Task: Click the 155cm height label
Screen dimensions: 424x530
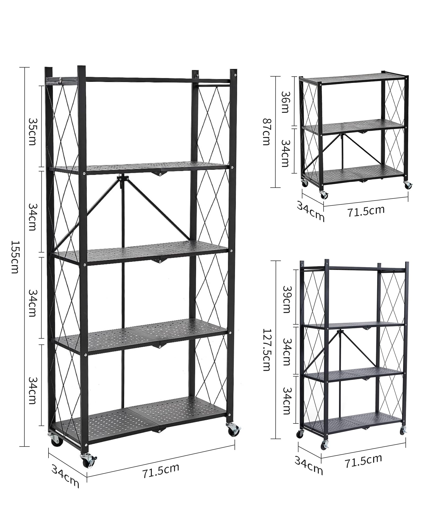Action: click(15, 257)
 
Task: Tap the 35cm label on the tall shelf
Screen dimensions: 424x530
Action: click(32, 132)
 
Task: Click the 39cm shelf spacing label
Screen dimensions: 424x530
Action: click(287, 299)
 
